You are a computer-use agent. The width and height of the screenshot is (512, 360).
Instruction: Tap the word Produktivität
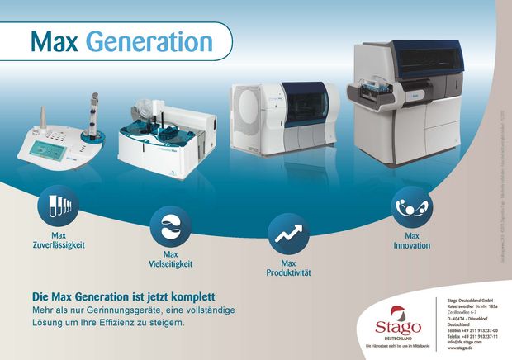pyautogui.click(x=288, y=272)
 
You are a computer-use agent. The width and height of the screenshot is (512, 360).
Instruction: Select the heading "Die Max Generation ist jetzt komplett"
pyautogui.click(x=123, y=296)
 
